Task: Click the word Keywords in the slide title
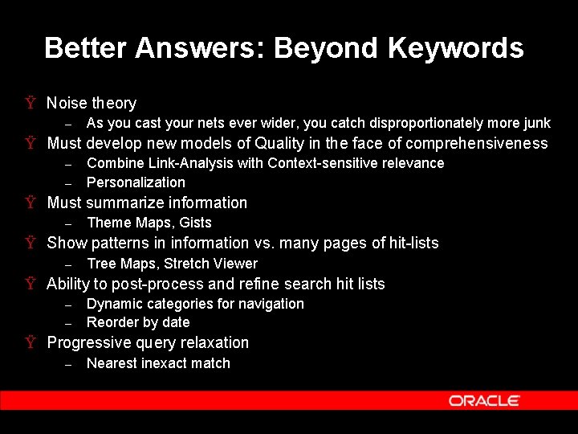(x=455, y=48)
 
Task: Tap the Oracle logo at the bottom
(x=484, y=400)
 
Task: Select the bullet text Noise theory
(x=92, y=103)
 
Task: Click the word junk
(x=537, y=123)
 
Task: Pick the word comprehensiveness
(x=477, y=144)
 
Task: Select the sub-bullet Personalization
(x=136, y=182)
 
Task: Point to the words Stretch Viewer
(x=211, y=264)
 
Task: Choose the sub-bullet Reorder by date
(x=138, y=322)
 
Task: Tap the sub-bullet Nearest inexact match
(x=158, y=363)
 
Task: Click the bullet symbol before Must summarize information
(x=30, y=203)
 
